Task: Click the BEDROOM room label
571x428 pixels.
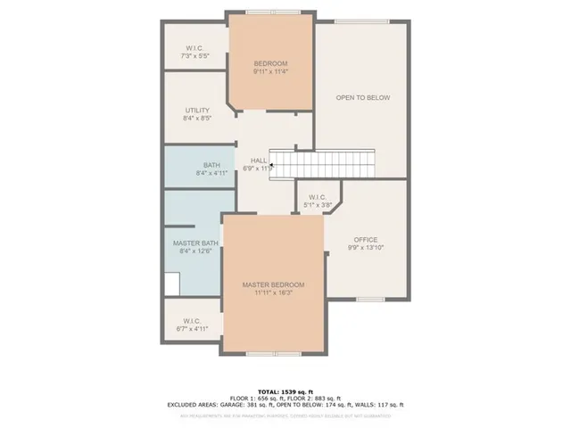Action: pos(270,63)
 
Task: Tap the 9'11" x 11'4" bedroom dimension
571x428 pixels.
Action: pos(270,72)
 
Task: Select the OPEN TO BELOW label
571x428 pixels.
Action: pos(364,98)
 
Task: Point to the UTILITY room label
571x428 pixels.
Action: pos(197,111)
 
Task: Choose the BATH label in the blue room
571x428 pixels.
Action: pos(211,165)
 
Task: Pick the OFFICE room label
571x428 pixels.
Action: pos(366,240)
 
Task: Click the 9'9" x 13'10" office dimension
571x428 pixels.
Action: pos(366,249)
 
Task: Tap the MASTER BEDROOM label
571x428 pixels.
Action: pos(273,285)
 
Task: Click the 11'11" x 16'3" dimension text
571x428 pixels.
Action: pos(273,294)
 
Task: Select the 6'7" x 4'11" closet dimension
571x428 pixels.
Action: pos(191,329)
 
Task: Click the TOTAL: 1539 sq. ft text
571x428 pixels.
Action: pos(285,391)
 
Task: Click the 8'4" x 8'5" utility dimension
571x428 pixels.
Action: pos(197,119)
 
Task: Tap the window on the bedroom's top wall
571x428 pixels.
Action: pos(271,12)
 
